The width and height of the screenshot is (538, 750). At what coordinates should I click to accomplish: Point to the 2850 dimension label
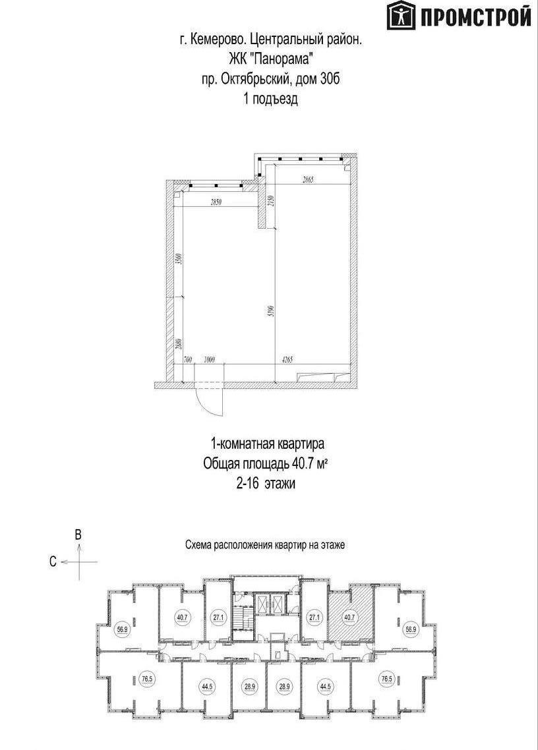(x=216, y=203)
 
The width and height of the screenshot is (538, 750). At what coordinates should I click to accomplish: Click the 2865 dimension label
(x=311, y=179)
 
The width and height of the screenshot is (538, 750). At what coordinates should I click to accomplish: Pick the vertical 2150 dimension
(x=271, y=202)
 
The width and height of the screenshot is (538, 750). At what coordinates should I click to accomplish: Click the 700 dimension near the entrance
(x=188, y=360)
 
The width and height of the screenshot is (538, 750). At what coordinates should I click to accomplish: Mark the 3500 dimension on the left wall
(x=177, y=259)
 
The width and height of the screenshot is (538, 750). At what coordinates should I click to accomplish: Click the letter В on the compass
(x=78, y=535)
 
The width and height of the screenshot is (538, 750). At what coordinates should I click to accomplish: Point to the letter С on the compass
(x=52, y=562)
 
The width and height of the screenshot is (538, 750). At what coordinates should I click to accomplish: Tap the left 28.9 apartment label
(x=249, y=686)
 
